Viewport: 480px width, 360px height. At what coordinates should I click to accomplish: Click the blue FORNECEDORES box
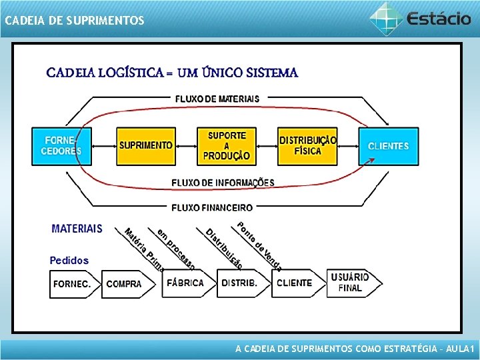(62, 146)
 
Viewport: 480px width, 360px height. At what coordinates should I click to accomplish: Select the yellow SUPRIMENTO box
(146, 146)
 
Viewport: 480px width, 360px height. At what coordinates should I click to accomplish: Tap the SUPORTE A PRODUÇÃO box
(227, 146)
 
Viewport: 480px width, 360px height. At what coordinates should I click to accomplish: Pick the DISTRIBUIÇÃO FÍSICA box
(307, 146)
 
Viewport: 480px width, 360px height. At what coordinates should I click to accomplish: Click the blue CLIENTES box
(389, 146)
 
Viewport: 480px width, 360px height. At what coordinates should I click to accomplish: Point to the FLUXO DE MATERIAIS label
(217, 99)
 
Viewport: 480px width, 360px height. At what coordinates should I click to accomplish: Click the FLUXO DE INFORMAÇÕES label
(223, 183)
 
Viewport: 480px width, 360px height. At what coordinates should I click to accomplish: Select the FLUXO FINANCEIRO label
(212, 208)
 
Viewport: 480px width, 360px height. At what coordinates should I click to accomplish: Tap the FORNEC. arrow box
(73, 283)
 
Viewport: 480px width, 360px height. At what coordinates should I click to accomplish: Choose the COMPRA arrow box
(125, 283)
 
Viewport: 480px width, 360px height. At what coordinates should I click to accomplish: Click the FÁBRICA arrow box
(187, 283)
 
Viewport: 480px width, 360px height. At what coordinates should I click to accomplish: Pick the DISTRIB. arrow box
(241, 283)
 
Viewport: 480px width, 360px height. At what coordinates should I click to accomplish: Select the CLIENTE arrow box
(295, 283)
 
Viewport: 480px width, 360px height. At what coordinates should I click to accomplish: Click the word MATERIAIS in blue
(77, 229)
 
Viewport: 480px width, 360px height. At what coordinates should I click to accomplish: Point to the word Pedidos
(69, 260)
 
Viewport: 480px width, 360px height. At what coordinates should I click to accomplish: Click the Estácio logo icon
(386, 18)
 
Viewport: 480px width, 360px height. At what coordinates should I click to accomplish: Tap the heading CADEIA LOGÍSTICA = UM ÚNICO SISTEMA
(172, 73)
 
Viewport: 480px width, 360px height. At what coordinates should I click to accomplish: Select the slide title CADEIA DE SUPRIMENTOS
(74, 21)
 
